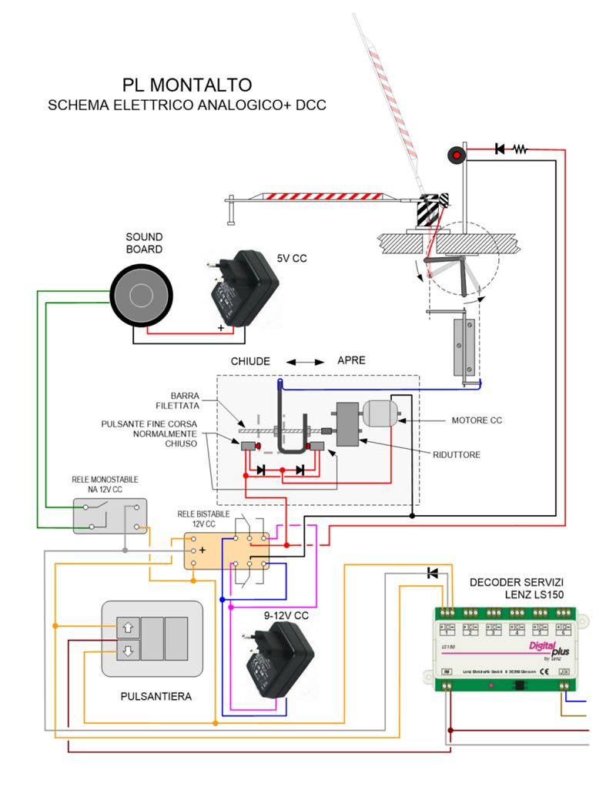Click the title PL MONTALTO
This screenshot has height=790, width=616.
click(x=187, y=84)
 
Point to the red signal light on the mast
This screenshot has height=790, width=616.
click(x=457, y=156)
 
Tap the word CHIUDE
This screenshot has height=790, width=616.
click(x=251, y=360)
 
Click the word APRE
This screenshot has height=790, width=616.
click(x=351, y=360)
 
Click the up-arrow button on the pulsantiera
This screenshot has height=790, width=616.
click(x=126, y=628)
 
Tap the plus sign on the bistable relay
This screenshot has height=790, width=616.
click(x=202, y=550)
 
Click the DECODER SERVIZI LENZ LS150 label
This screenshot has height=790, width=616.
click(x=519, y=588)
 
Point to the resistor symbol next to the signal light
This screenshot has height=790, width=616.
click(x=521, y=149)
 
